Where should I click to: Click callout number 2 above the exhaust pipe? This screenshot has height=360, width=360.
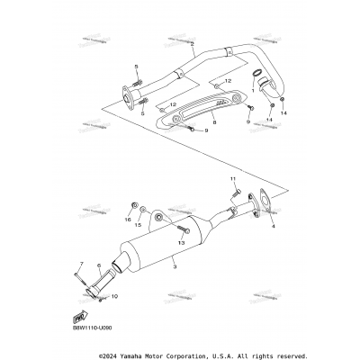pos(192,43)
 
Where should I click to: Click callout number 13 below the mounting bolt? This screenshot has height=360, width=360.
pos(156,242)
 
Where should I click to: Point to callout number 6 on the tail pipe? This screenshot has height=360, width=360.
pos(98,266)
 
